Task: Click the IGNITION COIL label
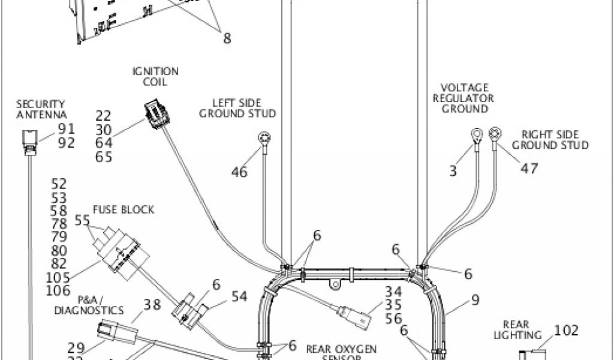[x=155, y=76]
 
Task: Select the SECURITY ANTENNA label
[x=41, y=109]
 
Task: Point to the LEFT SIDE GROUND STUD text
[x=237, y=108]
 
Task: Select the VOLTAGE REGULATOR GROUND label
[x=465, y=98]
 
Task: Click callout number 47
[x=529, y=169]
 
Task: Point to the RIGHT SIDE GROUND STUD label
[x=550, y=140]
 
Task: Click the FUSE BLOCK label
[x=123, y=209]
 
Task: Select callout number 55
[x=82, y=221]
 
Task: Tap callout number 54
[x=239, y=295]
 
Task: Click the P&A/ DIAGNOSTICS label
[x=89, y=305]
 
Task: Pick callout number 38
[x=152, y=304]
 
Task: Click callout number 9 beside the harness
[x=475, y=299]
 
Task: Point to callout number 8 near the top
[x=227, y=38]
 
